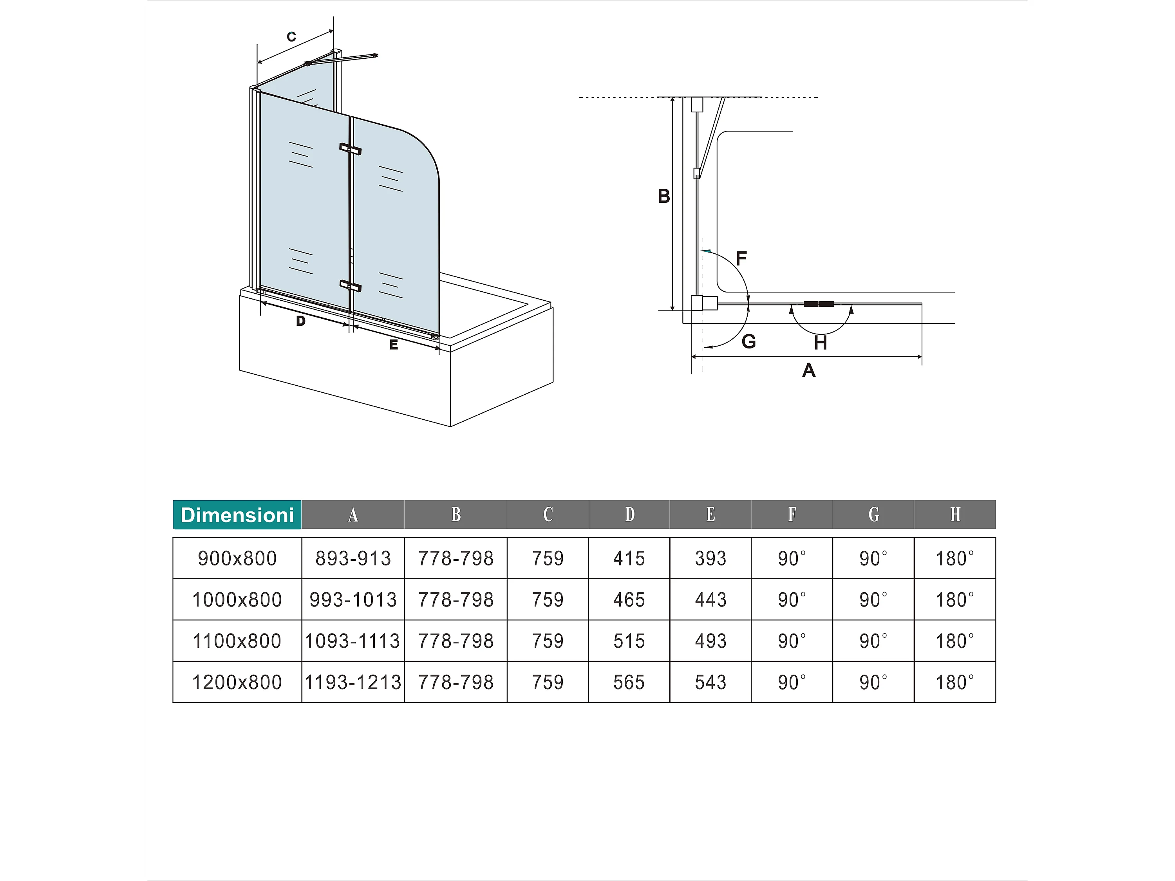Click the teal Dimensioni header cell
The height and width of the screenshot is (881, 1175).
[237, 515]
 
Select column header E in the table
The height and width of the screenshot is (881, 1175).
[710, 514]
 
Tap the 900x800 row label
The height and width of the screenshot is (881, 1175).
[237, 558]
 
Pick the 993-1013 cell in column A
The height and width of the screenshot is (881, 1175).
[353, 599]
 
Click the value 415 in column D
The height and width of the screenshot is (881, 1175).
[629, 558]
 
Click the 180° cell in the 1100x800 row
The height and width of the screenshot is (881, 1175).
[954, 641]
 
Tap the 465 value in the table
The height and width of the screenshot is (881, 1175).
[629, 599]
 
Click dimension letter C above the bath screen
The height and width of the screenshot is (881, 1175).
[291, 37]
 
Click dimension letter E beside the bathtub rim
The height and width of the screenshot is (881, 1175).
[393, 345]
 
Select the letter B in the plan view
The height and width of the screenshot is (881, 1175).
[663, 196]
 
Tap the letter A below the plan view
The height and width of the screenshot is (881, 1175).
[808, 370]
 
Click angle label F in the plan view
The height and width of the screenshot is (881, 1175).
[741, 258]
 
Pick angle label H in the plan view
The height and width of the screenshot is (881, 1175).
[820, 343]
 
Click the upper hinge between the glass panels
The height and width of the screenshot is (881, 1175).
[350, 149]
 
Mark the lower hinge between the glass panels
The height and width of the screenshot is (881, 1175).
[350, 286]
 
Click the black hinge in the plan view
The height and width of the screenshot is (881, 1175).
[818, 304]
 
